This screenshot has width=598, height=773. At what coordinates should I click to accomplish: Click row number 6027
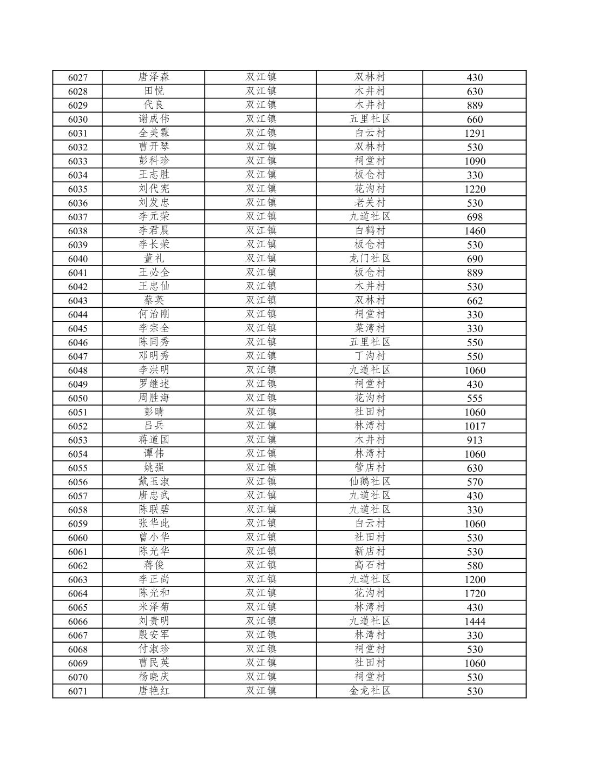tap(77, 77)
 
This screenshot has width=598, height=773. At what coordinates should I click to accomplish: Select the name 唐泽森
tap(154, 77)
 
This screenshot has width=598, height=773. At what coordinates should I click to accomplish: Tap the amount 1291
tap(474, 133)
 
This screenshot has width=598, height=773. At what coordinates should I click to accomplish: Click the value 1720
tap(474, 593)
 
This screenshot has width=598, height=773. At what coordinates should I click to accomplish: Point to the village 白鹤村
tap(370, 230)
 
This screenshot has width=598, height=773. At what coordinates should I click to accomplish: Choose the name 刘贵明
tap(154, 621)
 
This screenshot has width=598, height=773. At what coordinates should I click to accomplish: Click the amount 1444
tap(474, 621)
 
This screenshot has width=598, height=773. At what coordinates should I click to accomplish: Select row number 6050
tap(77, 398)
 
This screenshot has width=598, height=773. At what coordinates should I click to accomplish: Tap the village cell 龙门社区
tap(370, 259)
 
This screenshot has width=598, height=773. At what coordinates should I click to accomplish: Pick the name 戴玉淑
tap(154, 481)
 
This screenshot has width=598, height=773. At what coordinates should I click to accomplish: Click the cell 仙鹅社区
tap(370, 481)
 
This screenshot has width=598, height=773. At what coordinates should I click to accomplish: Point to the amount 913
tap(474, 440)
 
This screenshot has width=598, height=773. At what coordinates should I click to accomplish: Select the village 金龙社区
tap(370, 691)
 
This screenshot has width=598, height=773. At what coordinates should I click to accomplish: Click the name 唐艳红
tap(154, 691)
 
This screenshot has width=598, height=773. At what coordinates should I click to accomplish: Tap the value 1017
tap(474, 426)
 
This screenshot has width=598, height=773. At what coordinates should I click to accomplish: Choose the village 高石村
tap(370, 565)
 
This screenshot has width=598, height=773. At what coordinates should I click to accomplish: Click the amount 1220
tap(474, 189)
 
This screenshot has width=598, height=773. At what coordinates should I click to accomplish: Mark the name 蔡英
tap(154, 300)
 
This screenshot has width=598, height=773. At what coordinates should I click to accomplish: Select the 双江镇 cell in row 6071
tap(261, 691)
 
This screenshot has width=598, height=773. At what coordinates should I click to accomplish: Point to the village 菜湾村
tap(370, 328)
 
